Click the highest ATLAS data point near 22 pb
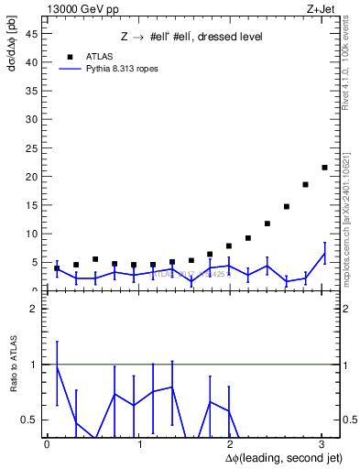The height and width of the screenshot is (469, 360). point(324,168)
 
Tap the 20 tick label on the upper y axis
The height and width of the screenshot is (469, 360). point(34,177)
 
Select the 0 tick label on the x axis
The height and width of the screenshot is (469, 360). point(47,443)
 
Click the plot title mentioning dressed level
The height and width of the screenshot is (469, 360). point(191,37)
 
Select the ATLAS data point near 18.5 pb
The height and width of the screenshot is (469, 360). point(305,184)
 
